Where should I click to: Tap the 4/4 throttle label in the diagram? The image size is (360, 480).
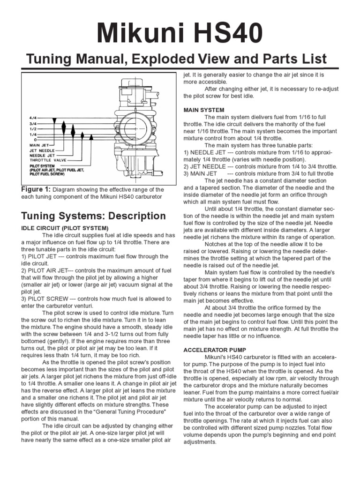point(32,117)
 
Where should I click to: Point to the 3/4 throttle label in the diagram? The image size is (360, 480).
point(32,123)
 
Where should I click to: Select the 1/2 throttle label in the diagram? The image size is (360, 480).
point(32,128)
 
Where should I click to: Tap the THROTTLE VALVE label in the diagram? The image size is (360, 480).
point(46,160)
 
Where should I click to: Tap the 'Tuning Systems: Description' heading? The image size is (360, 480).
point(93,216)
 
